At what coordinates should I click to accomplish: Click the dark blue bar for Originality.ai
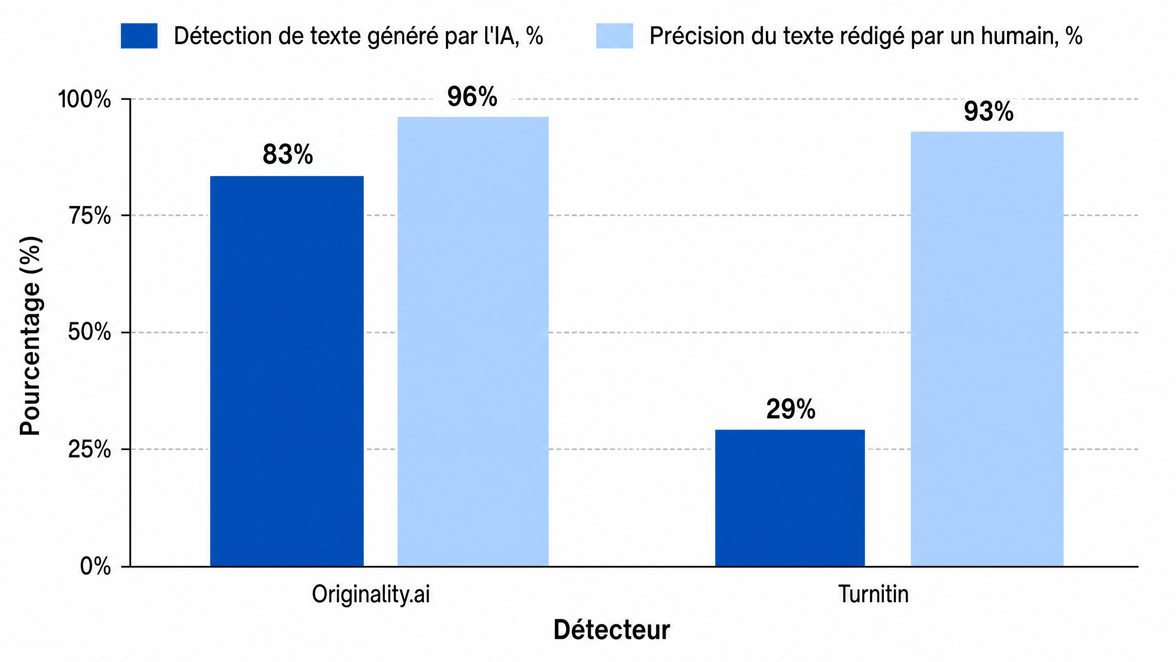coord(287,371)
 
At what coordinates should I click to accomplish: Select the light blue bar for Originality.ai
coord(473,342)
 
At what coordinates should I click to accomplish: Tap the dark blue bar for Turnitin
coord(790,498)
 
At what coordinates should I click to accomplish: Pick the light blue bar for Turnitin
coord(987,349)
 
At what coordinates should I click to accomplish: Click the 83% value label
coord(288,154)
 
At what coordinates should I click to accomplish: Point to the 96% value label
coord(472,97)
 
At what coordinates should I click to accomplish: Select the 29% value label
coord(791,409)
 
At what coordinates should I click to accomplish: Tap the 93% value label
coord(989,111)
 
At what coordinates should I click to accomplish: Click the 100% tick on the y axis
coord(84,99)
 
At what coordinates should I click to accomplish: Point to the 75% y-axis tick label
coord(90,216)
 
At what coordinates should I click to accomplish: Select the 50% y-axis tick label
coord(90,332)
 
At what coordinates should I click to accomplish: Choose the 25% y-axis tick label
coord(90,449)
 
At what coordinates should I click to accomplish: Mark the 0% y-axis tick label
coord(96,566)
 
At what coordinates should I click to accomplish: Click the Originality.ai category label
coord(371,594)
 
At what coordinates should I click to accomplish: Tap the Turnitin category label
coord(873,594)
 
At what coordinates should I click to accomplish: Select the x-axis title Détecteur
coord(611,630)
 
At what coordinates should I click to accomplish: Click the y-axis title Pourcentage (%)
coord(31,336)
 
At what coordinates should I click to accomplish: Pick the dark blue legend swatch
coord(139,36)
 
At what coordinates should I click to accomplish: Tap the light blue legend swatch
coord(615,36)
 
